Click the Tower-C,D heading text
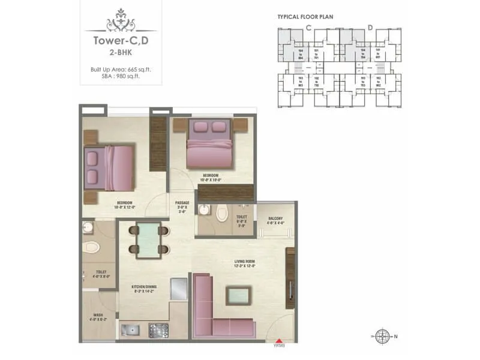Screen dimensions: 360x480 [x=121, y=42]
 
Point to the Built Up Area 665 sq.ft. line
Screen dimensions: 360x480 [x=121, y=70]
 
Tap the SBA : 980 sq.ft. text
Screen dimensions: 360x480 [x=121, y=77]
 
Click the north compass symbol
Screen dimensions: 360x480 [x=381, y=336]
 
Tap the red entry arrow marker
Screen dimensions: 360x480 [x=277, y=340]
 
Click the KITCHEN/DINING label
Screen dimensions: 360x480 [x=144, y=287]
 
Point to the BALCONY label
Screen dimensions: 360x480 [x=275, y=219]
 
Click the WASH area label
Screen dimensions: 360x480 [x=97, y=315]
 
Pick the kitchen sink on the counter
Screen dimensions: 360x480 [x=130, y=329]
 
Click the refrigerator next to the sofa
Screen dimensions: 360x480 [x=179, y=289]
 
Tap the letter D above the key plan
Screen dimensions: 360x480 [x=370, y=27]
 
